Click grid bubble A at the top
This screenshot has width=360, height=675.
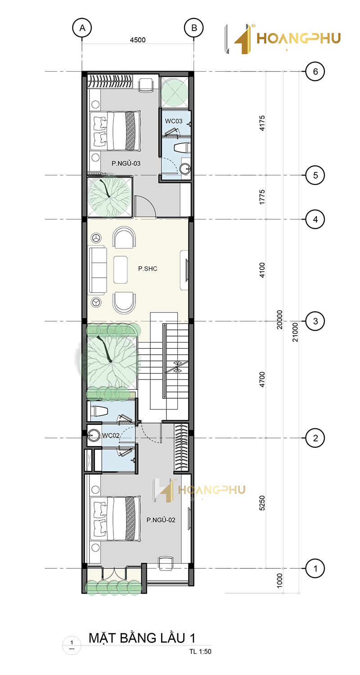[x=82, y=28]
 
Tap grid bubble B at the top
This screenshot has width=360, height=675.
[x=194, y=28]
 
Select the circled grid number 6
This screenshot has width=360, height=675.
[x=315, y=72]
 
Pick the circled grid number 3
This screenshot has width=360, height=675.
[x=315, y=321]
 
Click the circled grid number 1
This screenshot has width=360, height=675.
[x=315, y=569]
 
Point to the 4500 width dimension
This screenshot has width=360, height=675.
[x=138, y=40]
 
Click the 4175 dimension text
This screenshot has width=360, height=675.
[x=262, y=123]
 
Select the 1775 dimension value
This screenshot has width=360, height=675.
[x=262, y=197]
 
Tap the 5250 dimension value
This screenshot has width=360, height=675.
[x=262, y=503]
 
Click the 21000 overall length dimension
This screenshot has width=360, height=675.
[x=295, y=332]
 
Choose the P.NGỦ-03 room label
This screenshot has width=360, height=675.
[x=126, y=163]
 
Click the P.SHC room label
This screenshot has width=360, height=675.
[x=148, y=269]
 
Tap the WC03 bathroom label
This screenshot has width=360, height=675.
[x=174, y=121]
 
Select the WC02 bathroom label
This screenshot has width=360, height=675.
[x=111, y=436]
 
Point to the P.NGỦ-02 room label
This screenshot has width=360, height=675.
[x=161, y=520]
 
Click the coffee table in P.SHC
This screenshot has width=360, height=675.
[x=121, y=270]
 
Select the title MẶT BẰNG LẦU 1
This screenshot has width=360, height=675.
[x=142, y=638]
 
